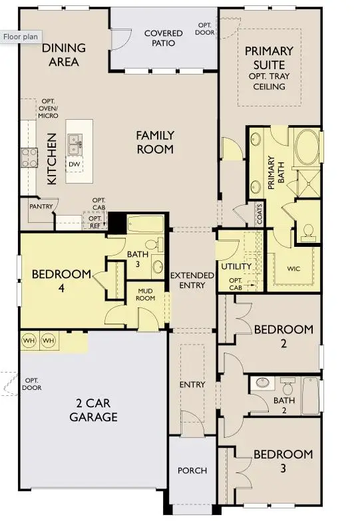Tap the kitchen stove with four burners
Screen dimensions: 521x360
tap(29, 157)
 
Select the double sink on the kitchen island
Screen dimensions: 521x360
tap(74, 140)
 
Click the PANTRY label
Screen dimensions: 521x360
tap(41, 207)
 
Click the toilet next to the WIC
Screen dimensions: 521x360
tap(308, 231)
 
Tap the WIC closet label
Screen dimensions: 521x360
tap(295, 269)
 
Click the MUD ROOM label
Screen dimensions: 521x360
tap(146, 294)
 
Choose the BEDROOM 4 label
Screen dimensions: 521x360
tap(61, 279)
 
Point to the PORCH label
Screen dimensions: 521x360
tap(192, 470)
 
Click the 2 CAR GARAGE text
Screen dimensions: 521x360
tap(94, 411)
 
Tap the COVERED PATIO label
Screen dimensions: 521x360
tap(163, 38)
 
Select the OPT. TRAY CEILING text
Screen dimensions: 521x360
tap(270, 82)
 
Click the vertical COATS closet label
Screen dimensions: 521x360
tap(259, 214)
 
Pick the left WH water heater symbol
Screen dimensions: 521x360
tap(29, 341)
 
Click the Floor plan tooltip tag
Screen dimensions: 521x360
tap(21, 37)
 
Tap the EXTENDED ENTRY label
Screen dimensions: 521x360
tap(192, 280)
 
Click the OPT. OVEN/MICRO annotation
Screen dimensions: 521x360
tap(49, 108)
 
